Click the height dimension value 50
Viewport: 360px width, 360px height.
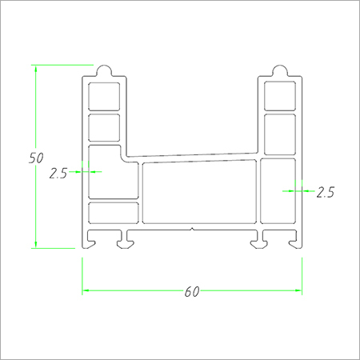pos(35,158)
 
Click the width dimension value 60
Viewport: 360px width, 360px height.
pos(191,292)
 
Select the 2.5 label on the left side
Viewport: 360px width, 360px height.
pos(58,172)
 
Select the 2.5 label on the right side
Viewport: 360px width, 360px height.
pos(325,192)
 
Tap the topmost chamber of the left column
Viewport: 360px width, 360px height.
pos(104,96)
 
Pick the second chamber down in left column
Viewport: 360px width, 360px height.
pos(104,127)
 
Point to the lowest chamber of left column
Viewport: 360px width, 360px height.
pos(113,213)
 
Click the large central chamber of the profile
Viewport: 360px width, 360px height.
pos(199,192)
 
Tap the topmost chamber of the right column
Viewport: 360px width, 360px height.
pos(279,96)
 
